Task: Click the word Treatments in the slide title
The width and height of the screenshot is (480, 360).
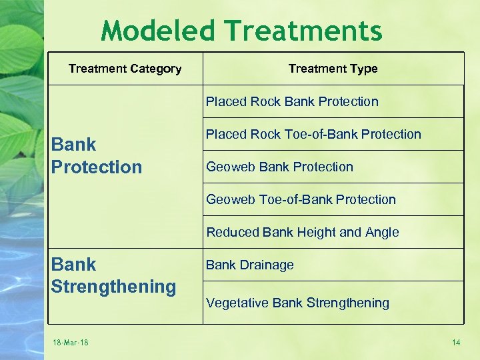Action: tap(303, 31)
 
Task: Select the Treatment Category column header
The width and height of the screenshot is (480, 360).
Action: tap(125, 69)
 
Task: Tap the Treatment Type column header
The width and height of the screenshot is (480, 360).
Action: tap(333, 69)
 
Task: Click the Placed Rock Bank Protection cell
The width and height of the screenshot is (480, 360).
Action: tap(292, 102)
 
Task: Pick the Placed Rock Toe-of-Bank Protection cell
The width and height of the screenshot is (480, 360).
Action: tap(313, 134)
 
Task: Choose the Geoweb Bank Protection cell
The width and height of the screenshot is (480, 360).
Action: tap(279, 167)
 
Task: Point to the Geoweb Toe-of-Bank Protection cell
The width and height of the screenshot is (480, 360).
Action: tap(301, 199)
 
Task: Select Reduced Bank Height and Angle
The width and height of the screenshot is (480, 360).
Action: tap(303, 232)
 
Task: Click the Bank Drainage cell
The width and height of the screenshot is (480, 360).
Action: tap(250, 265)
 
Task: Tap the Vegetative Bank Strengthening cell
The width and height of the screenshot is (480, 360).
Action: tap(297, 303)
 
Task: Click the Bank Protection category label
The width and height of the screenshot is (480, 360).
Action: tap(97, 155)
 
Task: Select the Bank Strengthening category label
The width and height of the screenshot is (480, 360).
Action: tap(113, 275)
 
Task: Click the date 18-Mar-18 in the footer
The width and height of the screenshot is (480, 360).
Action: tap(71, 343)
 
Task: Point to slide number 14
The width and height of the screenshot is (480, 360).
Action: tap(456, 343)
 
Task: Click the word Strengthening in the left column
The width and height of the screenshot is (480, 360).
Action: tap(113, 287)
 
